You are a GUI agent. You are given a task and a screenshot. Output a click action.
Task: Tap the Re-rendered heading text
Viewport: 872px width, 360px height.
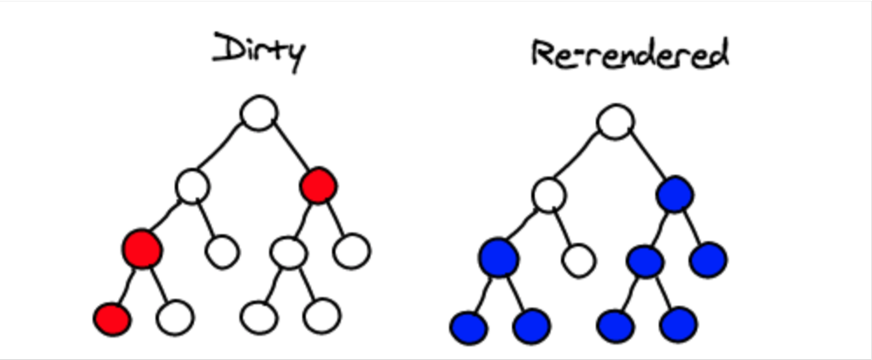click(x=629, y=56)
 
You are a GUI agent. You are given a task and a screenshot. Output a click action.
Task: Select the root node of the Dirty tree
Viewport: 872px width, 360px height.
click(x=259, y=114)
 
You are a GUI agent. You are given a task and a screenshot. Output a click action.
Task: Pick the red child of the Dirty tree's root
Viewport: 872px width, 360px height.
click(x=317, y=185)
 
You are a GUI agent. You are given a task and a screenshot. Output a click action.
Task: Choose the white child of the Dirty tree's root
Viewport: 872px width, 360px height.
click(x=192, y=185)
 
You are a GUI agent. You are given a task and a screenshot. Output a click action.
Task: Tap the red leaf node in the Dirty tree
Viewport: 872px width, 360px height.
click(x=113, y=319)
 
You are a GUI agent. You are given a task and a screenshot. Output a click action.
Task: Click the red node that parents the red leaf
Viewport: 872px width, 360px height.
click(x=142, y=249)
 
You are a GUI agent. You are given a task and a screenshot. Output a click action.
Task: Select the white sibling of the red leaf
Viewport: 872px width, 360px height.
click(x=176, y=317)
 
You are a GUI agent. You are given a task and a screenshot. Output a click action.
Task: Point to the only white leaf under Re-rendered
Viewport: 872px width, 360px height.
click(x=577, y=260)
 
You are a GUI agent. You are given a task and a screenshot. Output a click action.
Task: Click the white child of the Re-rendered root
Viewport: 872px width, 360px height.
click(x=549, y=194)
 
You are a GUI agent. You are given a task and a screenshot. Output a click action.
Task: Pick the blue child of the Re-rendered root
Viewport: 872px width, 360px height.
click(x=675, y=194)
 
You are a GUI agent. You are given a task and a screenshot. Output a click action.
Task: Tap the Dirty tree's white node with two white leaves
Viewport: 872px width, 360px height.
click(x=288, y=253)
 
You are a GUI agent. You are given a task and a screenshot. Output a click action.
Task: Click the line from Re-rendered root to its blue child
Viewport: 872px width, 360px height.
click(x=646, y=157)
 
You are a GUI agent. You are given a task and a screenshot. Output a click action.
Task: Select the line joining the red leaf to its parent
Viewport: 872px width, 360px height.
click(x=127, y=285)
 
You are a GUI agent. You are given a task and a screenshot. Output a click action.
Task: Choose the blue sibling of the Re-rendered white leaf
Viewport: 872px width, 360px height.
click(x=499, y=258)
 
